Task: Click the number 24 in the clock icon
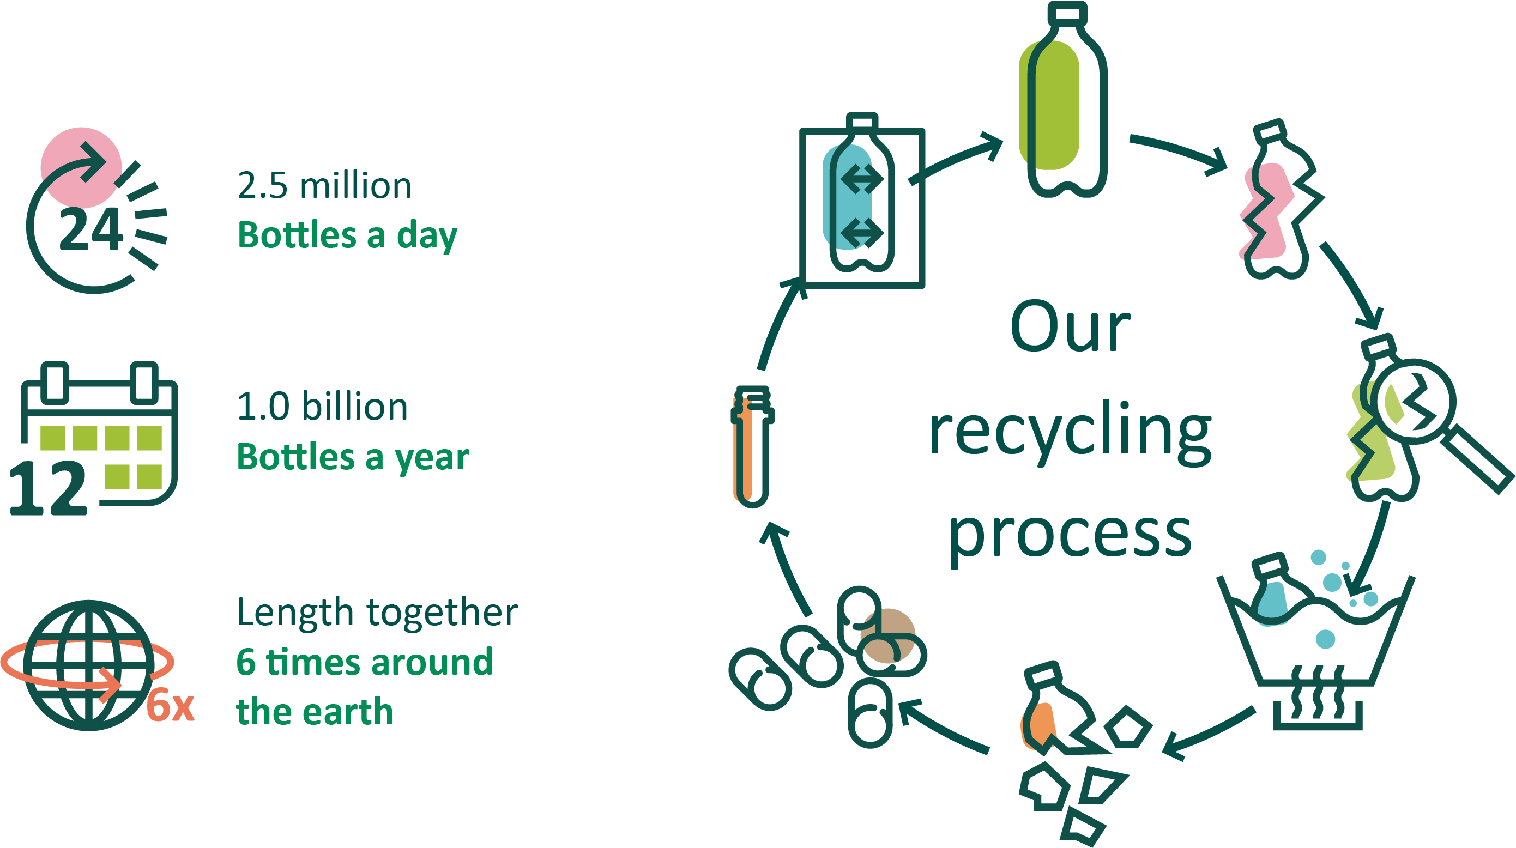pyautogui.click(x=91, y=229)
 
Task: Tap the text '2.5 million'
pyautogui.click(x=324, y=186)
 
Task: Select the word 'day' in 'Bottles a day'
pyautogui.click(x=427, y=236)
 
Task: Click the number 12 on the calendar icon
pyautogui.click(x=49, y=488)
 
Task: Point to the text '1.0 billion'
pyautogui.click(x=322, y=407)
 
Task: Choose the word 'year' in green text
pyautogui.click(x=432, y=458)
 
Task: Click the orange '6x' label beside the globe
pyautogui.click(x=170, y=706)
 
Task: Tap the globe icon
pyautogui.click(x=88, y=665)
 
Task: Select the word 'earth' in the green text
pyautogui.click(x=348, y=712)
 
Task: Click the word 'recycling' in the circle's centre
pyautogui.click(x=1070, y=433)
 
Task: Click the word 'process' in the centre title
pyautogui.click(x=1070, y=534)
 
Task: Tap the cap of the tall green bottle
pyautogui.click(x=1067, y=13)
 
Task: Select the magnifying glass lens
pyautogui.click(x=1415, y=401)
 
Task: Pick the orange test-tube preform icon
pyautogui.click(x=752, y=447)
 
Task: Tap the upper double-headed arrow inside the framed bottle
pyautogui.click(x=862, y=179)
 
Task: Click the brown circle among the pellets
pyautogui.click(x=887, y=635)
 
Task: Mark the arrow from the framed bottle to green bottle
pyautogui.click(x=956, y=159)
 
